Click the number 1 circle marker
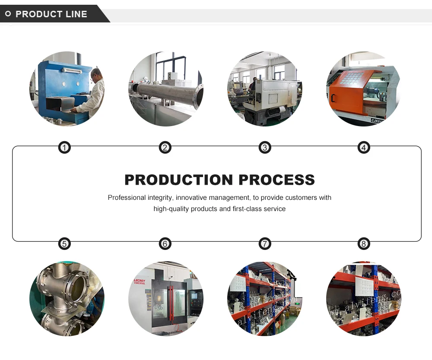64,148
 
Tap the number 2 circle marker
165,148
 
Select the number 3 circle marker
265,148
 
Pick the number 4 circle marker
364,148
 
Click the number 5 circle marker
64,244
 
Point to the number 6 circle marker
165,244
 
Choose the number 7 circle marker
265,244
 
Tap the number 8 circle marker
364,244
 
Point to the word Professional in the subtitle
127,198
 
